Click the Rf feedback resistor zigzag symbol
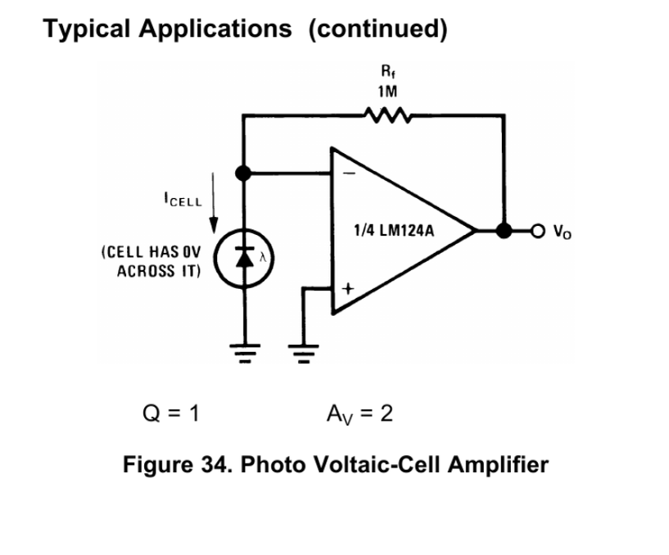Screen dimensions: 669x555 tap(387, 115)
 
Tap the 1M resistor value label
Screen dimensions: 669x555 tap(387, 92)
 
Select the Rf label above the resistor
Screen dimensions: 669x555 tap(388, 71)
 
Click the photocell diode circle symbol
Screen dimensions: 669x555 tap(244, 259)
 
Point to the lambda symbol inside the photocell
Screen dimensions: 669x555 tap(263, 257)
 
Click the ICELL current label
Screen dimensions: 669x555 tap(183, 199)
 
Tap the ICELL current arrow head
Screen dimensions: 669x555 tap(214, 226)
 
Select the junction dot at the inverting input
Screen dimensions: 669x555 tap(243, 174)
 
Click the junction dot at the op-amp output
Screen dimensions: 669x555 tap(504, 230)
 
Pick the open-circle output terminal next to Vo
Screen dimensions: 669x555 tap(538, 231)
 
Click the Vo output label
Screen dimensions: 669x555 tap(563, 232)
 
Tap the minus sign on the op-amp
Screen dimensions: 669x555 tap(349, 174)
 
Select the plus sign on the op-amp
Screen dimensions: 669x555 tap(348, 289)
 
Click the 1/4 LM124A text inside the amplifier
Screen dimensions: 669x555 tap(394, 231)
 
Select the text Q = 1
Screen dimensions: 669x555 tap(171, 413)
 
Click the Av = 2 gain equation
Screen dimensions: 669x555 tap(359, 414)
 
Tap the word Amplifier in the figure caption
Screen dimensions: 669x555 tap(498, 465)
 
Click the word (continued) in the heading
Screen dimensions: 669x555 tap(378, 29)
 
